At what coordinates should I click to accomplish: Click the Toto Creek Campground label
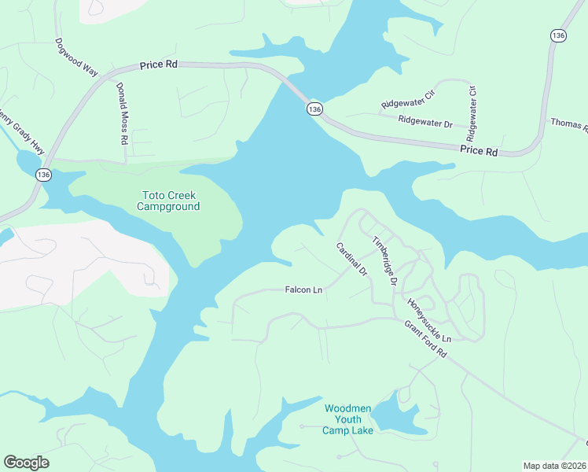point(168,201)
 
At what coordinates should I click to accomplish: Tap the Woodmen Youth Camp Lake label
point(347,419)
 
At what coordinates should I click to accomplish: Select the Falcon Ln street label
point(303,290)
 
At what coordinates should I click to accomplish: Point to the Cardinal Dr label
point(351,259)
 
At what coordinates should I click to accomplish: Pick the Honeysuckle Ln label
point(429,320)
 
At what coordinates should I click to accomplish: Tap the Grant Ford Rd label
point(425,340)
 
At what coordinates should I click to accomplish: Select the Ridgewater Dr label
point(425,123)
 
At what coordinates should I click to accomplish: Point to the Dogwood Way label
point(76,57)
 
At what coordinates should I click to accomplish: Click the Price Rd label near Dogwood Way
point(159,65)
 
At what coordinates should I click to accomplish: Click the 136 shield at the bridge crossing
point(314,109)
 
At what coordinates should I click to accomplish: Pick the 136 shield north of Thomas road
point(558,35)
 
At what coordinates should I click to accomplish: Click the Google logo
point(26,463)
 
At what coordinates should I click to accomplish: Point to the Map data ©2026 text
point(554,466)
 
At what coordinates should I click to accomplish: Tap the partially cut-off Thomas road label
point(568,124)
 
